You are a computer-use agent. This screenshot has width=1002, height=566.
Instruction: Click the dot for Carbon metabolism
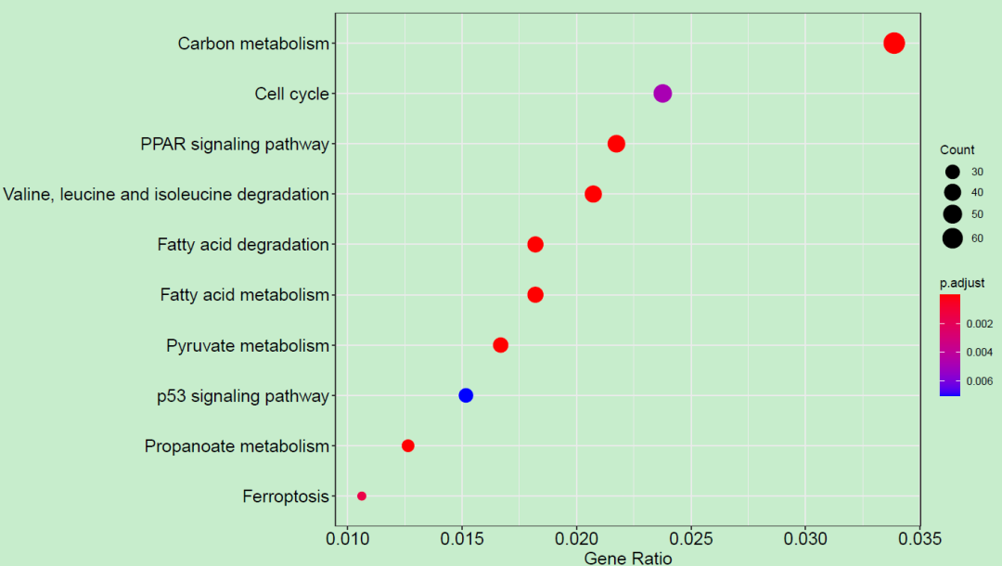pyautogui.click(x=893, y=43)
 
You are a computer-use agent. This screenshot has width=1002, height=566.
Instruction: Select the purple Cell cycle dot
pyautogui.click(x=662, y=93)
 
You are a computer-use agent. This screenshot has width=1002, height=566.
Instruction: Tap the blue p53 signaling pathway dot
pyautogui.click(x=466, y=395)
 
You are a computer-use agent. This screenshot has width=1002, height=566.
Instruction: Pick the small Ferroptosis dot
pyautogui.click(x=362, y=496)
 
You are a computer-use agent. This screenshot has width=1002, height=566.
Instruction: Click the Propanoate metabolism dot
pyautogui.click(x=407, y=445)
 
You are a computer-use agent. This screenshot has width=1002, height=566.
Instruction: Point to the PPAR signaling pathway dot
pyautogui.click(x=616, y=144)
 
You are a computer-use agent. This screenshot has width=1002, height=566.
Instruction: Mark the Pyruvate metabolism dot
pyautogui.click(x=500, y=345)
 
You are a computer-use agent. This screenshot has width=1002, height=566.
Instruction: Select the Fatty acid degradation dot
pyautogui.click(x=535, y=244)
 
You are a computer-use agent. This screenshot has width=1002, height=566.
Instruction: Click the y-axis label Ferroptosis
pyautogui.click(x=286, y=496)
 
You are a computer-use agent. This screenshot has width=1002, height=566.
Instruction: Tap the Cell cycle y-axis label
pyautogui.click(x=291, y=94)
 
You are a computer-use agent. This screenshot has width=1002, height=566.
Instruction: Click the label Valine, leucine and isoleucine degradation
pyautogui.click(x=166, y=194)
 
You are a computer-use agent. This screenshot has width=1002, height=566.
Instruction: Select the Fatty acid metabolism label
pyautogui.click(x=245, y=295)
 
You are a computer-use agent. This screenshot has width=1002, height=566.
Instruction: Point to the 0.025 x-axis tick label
pyautogui.click(x=690, y=538)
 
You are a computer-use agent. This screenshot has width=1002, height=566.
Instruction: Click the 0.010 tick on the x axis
pyautogui.click(x=347, y=538)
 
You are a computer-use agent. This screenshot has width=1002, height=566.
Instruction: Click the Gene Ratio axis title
pyautogui.click(x=627, y=558)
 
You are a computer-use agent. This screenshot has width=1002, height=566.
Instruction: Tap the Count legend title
pyautogui.click(x=957, y=150)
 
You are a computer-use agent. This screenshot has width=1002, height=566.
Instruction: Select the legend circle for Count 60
pyautogui.click(x=952, y=238)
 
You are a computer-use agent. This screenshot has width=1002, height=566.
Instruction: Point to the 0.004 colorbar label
pyautogui.click(x=981, y=353)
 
